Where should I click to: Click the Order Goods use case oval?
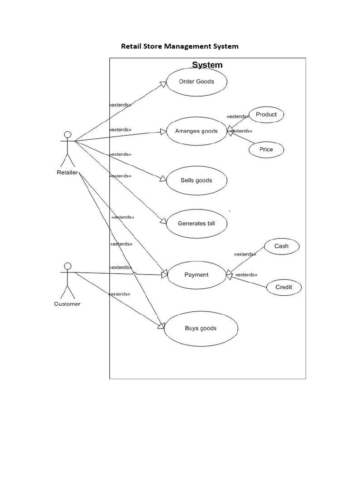pos(196,82)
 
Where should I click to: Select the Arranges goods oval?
pos(196,131)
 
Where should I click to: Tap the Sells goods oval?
pos(196,180)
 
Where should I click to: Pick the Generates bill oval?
pos(196,224)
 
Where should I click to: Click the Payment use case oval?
pos(196,275)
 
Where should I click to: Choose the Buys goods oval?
pos(201,329)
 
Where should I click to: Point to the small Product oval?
pos(266,114)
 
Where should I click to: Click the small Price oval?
pos(266,150)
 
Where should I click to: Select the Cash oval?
pos(281,246)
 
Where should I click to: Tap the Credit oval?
pos(284,287)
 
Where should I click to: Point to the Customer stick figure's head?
pos(67,266)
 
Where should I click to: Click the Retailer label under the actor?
pos(67,172)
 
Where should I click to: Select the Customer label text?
pos(67,304)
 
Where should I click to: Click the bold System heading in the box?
pos(207,65)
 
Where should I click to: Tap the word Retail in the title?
pos(130,46)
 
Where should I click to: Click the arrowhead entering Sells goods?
pos(163,179)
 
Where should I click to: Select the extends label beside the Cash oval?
pos(245,254)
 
